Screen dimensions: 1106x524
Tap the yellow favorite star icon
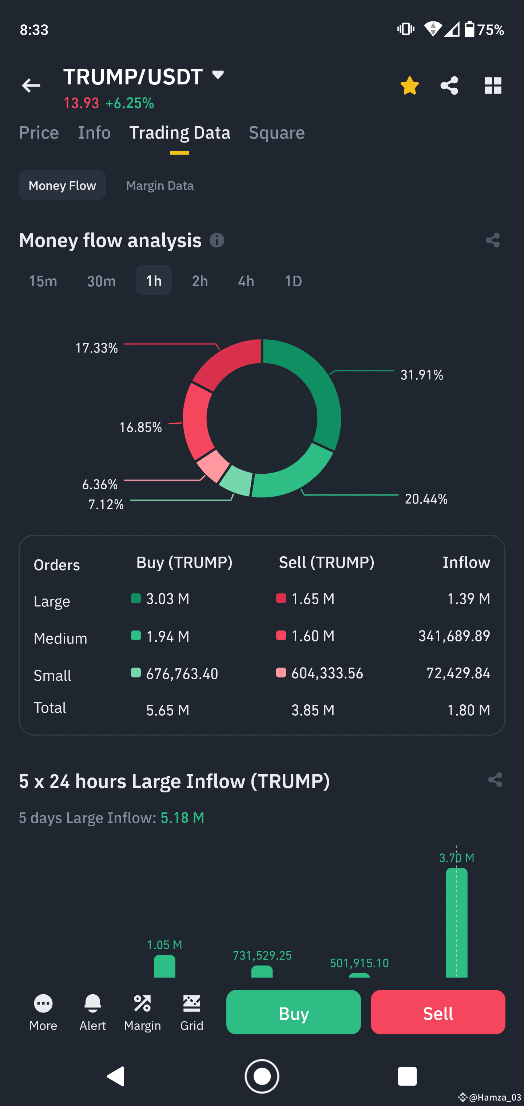tap(409, 85)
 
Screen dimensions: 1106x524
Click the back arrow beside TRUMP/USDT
tap(31, 85)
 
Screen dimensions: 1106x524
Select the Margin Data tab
tap(160, 186)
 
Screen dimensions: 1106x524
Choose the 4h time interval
tap(246, 281)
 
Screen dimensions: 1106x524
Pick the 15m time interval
tap(43, 281)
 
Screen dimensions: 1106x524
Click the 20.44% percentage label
tap(426, 499)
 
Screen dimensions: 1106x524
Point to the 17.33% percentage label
tap(97, 348)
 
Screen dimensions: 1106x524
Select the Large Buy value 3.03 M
tap(167, 599)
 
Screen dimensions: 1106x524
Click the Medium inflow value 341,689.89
tap(454, 636)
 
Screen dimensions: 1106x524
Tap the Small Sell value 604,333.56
tap(327, 673)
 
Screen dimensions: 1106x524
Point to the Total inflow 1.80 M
tap(468, 710)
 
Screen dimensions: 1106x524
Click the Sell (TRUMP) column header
tap(326, 562)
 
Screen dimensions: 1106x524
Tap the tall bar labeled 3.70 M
tap(457, 923)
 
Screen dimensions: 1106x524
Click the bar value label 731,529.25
tap(262, 955)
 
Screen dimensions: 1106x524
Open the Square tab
tap(277, 133)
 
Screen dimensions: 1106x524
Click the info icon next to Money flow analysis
tap(217, 240)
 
